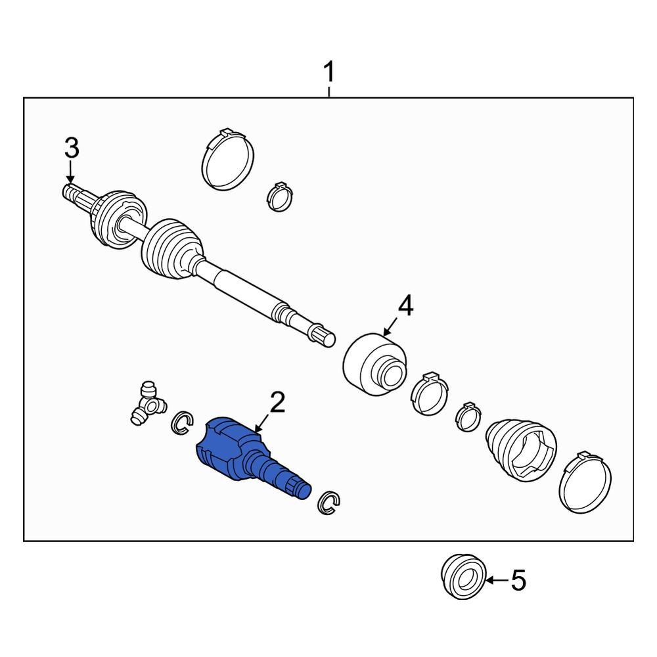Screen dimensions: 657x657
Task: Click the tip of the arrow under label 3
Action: (70, 184)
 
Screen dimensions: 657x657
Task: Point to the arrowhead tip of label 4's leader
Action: (384, 336)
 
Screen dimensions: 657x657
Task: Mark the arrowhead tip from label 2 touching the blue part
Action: (255, 432)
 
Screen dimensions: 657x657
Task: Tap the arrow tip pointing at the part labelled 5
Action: (486, 580)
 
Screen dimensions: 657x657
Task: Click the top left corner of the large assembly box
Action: (24, 98)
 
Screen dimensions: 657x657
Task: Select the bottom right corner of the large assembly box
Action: (633, 541)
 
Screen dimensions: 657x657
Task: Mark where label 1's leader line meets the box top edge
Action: (329, 98)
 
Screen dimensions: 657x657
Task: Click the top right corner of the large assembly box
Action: (633, 98)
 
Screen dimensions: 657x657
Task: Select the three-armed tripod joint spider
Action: (147, 403)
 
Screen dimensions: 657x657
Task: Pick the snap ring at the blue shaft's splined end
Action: (329, 503)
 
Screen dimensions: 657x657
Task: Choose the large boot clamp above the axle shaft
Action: (228, 159)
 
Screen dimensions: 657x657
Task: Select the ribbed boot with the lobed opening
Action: (521, 448)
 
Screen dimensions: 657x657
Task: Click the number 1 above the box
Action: (329, 72)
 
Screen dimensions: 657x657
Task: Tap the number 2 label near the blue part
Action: (278, 402)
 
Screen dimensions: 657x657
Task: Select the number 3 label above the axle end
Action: (72, 148)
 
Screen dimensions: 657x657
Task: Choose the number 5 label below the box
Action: (518, 581)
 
